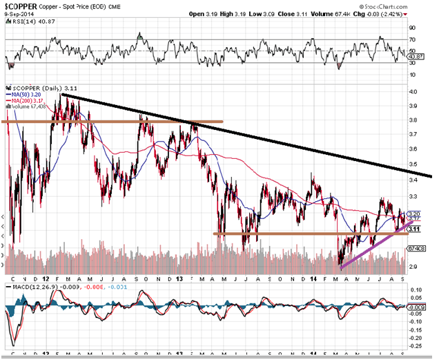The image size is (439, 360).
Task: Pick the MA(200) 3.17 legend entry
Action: click(x=28, y=102)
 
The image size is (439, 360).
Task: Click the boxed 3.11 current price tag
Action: click(x=415, y=228)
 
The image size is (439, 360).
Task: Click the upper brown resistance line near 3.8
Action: click(x=138, y=122)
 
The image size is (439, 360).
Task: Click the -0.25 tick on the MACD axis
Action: click(x=416, y=345)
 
